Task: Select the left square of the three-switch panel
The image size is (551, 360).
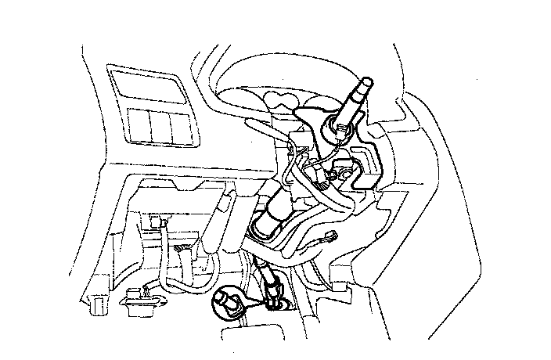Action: click(139, 124)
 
